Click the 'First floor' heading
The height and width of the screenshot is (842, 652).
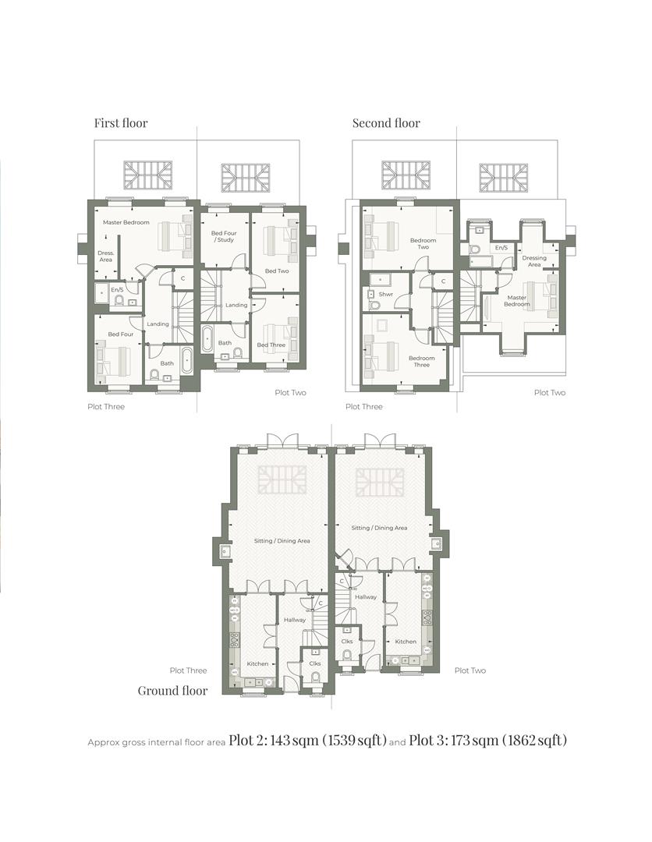pos(120,122)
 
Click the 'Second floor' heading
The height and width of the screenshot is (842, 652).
pos(386,122)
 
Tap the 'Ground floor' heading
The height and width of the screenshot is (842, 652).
pos(172,690)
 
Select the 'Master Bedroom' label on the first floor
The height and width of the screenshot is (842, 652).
pos(126,222)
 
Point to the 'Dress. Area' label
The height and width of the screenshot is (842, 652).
pos(105,256)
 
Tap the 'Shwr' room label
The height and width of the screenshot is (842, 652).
pos(385,295)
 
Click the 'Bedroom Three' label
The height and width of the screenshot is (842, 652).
pos(422,362)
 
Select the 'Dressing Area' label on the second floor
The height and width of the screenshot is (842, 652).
pos(534,261)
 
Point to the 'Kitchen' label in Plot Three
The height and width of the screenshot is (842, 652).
pos(257,663)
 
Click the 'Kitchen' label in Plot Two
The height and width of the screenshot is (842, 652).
pos(406,641)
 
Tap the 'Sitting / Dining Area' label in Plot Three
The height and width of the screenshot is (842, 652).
pos(282,540)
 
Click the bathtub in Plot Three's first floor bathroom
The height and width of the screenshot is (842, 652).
pos(187,361)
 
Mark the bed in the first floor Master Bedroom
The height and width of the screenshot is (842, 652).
pos(175,235)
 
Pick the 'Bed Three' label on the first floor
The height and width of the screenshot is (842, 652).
pos(271,345)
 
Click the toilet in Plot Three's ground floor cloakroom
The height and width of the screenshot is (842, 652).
pos(315,677)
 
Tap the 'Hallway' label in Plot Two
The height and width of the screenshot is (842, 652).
pos(366,596)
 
